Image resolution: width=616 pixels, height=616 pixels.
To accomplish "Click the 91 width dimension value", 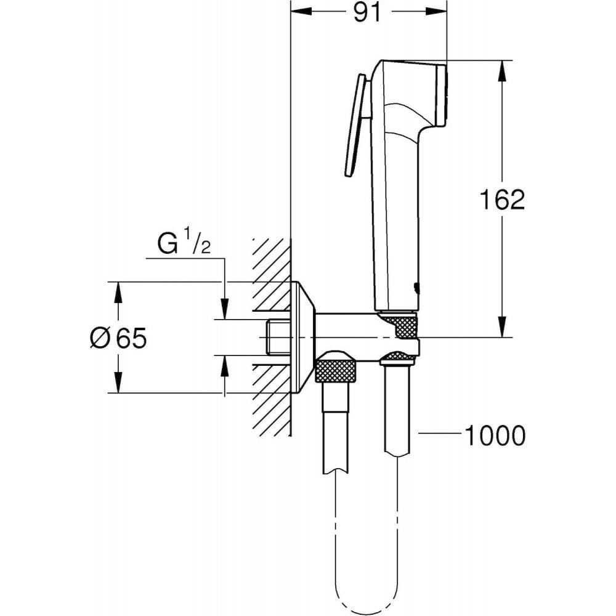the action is coord(367,12).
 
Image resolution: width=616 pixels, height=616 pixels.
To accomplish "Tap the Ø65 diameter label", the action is coord(118,338).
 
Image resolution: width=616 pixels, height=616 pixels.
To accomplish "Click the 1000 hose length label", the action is coord(495,435).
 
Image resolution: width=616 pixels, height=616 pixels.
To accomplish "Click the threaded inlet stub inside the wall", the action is coord(278,338).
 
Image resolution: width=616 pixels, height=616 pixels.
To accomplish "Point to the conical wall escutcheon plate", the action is coord(302,337).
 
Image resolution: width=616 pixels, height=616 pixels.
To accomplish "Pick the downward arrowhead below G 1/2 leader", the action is coord(224,309).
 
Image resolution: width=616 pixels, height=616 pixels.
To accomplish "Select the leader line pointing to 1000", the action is coord(440,433).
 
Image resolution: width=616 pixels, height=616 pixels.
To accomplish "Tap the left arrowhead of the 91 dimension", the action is coord(301,12).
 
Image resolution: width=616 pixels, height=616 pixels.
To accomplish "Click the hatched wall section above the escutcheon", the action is coord(272,260).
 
